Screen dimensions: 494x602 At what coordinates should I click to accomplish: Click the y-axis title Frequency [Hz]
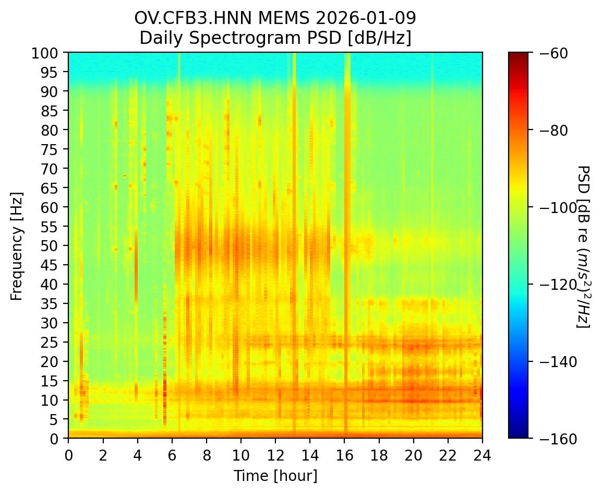[17, 245]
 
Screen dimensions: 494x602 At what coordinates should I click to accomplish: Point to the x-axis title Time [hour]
[275, 476]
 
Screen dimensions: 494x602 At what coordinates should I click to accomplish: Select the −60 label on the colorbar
[549, 53]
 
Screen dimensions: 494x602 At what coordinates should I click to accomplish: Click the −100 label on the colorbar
[552, 207]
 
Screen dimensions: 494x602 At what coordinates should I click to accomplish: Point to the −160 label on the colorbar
[552, 439]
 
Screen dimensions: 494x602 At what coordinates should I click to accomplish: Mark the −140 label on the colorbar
[552, 361]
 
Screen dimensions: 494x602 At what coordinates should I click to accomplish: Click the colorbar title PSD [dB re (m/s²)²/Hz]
[584, 245]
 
